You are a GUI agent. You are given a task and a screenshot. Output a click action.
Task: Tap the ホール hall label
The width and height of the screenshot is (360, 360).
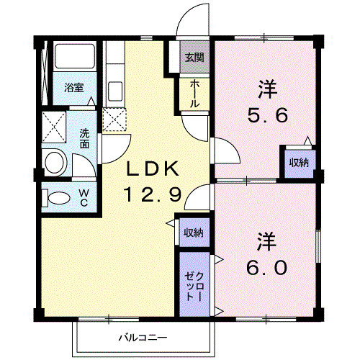click(x=194, y=94)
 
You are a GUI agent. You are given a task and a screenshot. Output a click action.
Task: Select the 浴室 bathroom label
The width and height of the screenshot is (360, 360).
click(x=73, y=88)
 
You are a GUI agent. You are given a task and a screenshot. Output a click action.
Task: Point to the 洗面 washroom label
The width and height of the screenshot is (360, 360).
click(x=84, y=138)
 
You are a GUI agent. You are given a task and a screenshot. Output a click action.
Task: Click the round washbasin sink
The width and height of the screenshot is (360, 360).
click(x=55, y=160)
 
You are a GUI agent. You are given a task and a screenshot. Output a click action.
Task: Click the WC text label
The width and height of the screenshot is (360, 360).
click(x=84, y=197)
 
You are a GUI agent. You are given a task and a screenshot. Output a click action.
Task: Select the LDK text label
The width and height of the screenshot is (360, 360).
click(x=152, y=170)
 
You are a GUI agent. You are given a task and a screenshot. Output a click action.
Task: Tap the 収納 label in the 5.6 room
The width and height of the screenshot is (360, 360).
click(x=299, y=162)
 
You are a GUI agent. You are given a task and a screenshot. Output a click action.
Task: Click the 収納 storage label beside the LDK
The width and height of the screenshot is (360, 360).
click(x=192, y=232)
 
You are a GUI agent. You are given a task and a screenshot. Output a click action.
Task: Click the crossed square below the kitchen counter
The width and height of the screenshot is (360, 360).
click(x=114, y=120)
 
